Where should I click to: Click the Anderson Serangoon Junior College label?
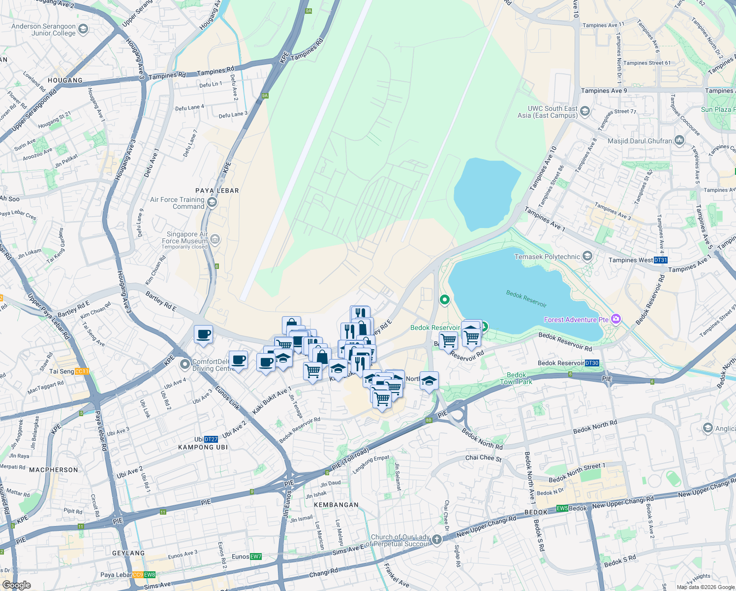[x=43, y=30]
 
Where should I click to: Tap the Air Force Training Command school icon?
[x=212, y=202]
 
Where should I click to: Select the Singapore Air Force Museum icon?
[x=215, y=240]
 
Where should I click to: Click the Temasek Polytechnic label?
[x=547, y=257]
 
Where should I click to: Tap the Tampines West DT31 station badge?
[x=660, y=260]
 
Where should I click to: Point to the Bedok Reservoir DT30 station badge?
[x=592, y=363]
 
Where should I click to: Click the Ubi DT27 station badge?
[x=211, y=439]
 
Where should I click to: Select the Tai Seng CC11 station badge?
[x=82, y=371]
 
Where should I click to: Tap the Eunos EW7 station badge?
[x=255, y=557]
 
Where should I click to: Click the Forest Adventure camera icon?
[x=615, y=319]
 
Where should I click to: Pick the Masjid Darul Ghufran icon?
[x=679, y=140]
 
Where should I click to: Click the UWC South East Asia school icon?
[x=584, y=111]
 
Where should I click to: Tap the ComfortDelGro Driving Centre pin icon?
[x=185, y=364]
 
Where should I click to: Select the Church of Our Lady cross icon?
[x=437, y=541]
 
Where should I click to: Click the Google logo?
[x=16, y=585]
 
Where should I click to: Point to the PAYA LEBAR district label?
[x=217, y=191]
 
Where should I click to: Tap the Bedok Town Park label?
[x=516, y=378]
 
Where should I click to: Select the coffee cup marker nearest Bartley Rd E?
[x=203, y=335]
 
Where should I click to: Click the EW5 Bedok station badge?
[x=562, y=508]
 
